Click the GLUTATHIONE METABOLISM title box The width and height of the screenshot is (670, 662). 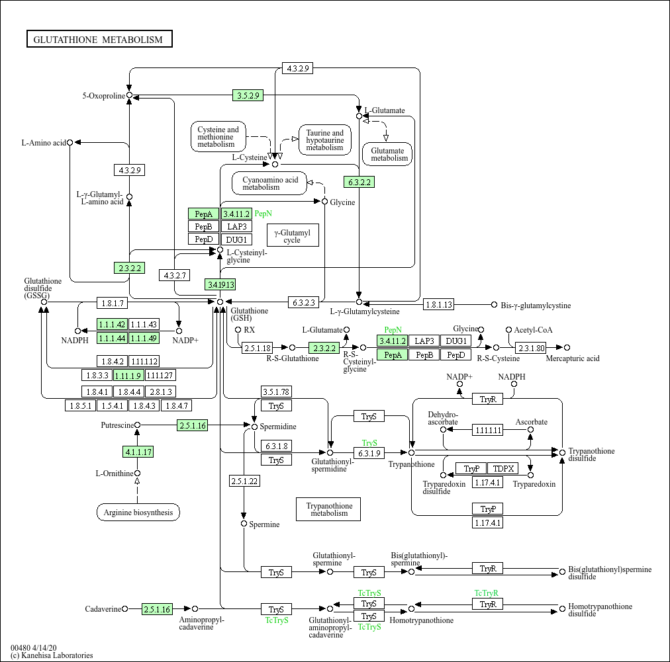pyautogui.click(x=99, y=39)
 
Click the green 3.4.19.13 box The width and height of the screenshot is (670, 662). pyautogui.click(x=220, y=284)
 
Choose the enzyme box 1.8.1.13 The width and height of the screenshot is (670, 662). pyautogui.click(x=439, y=304)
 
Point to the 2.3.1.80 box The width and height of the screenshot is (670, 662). pyautogui.click(x=531, y=348)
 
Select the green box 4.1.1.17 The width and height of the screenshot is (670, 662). pyautogui.click(x=138, y=452)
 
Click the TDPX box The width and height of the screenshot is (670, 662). pyautogui.click(x=504, y=468)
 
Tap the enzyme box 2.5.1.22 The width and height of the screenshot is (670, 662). pyautogui.click(x=244, y=481)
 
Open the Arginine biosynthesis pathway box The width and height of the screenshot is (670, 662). pyautogui.click(x=138, y=512)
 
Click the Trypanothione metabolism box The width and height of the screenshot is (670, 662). pyautogui.click(x=329, y=509)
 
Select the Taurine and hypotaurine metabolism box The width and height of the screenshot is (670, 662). pyautogui.click(x=324, y=140)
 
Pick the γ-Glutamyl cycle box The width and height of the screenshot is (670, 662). pyautogui.click(x=292, y=235)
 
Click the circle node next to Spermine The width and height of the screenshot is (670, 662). pyautogui.click(x=244, y=524)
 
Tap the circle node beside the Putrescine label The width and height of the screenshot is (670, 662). pyautogui.click(x=138, y=425)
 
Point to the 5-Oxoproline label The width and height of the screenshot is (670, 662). pyautogui.click(x=103, y=96)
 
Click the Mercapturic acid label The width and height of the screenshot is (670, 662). pyautogui.click(x=572, y=358)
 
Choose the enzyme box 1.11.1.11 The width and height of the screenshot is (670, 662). pyautogui.click(x=488, y=430)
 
